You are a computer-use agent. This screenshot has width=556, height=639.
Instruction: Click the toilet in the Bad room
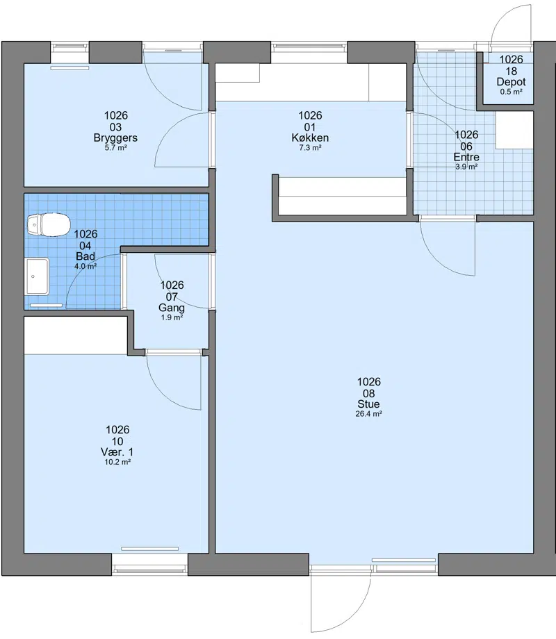click(48, 224)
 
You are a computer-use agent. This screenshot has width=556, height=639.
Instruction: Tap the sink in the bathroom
click(38, 276)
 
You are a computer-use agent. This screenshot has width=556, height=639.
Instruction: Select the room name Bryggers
click(115, 138)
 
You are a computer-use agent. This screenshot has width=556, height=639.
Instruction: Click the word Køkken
click(310, 138)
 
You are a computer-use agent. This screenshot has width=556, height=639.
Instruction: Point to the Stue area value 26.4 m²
click(369, 414)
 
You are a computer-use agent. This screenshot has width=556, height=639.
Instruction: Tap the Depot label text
click(511, 82)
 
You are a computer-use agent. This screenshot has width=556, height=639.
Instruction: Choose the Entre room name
click(466, 157)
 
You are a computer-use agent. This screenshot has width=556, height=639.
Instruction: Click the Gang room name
click(172, 308)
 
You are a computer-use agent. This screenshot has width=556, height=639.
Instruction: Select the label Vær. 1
click(117, 452)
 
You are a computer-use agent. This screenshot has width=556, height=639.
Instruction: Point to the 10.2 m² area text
click(117, 462)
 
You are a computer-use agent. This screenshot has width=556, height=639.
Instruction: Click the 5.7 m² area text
click(115, 147)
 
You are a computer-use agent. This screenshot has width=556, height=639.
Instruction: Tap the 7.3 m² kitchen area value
click(310, 147)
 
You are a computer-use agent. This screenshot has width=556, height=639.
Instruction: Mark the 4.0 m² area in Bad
click(85, 266)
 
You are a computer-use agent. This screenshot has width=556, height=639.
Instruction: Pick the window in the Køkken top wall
click(309, 48)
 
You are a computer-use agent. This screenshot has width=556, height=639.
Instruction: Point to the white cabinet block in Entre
click(514, 131)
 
